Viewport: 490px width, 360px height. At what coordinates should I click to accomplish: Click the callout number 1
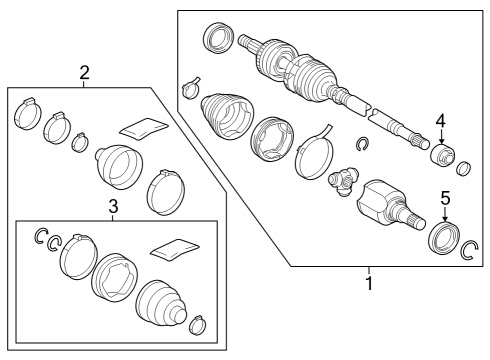pos(368,283)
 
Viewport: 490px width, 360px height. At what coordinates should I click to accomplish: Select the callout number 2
pos(85,72)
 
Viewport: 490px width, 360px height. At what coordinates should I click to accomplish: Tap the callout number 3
pos(114,207)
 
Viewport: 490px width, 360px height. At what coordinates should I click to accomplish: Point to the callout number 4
pos(440,122)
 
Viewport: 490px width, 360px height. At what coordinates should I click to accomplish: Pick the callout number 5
pos(446,196)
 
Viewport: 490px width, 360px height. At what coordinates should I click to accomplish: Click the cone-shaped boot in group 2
pos(117,166)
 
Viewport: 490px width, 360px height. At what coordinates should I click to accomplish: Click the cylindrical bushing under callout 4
pos(439,157)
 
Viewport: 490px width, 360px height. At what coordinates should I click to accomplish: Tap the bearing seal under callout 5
pos(441,238)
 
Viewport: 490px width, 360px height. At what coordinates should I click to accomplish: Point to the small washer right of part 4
pos(462,164)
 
